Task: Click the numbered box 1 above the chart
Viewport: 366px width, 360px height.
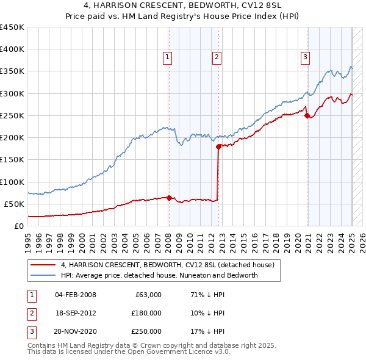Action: click(168, 58)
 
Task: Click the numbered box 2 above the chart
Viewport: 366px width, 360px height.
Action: click(217, 58)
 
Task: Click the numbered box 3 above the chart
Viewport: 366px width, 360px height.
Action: click(305, 58)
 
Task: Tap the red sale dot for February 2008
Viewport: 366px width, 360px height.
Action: click(169, 198)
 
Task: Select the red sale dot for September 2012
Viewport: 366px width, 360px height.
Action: click(219, 146)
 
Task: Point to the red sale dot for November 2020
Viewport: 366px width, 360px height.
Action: click(307, 115)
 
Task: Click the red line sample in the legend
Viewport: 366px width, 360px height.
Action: click(42, 265)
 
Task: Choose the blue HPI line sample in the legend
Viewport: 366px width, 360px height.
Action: click(42, 275)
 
